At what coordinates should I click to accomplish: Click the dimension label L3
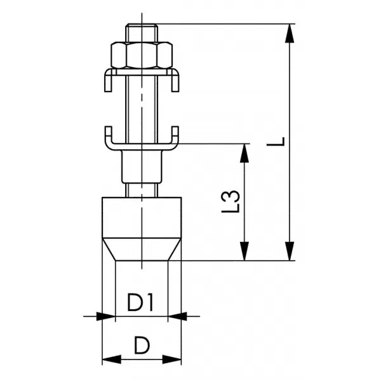point(231,201)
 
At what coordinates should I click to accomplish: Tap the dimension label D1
point(140,302)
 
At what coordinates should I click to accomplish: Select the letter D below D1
point(142,345)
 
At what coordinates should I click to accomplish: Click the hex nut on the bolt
point(142,55)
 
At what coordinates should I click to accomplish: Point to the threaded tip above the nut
point(142,33)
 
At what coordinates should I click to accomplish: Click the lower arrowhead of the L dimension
point(290,251)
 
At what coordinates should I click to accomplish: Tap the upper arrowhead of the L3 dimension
point(244,153)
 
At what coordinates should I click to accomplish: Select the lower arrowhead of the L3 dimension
point(244,251)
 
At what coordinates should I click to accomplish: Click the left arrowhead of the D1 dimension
point(106,316)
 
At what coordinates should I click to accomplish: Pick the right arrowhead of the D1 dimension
point(177,316)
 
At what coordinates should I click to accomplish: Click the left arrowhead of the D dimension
point(112,359)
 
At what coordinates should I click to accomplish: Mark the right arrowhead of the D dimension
point(172,359)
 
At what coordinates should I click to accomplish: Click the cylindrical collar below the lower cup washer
point(142,166)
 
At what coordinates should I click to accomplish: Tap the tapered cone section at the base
point(142,250)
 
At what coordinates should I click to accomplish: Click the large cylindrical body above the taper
point(142,217)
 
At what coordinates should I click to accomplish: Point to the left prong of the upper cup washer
point(108,81)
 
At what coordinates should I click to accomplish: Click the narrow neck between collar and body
point(142,190)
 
